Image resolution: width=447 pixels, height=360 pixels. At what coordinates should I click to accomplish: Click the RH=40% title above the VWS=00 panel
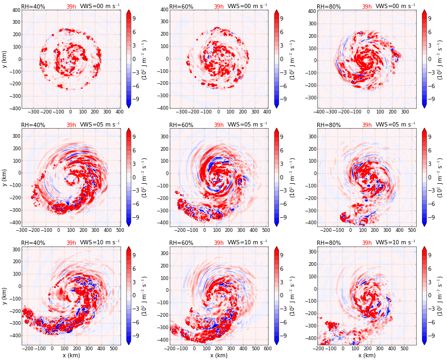point(33,6)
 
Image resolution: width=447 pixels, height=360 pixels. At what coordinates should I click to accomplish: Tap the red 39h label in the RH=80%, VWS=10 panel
point(366,243)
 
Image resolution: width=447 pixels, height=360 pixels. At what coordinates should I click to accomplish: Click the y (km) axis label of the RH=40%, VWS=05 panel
point(5,177)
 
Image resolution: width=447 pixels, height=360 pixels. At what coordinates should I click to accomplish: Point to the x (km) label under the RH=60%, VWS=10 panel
point(218,355)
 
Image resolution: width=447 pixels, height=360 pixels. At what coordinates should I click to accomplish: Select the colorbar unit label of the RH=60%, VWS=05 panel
point(293,177)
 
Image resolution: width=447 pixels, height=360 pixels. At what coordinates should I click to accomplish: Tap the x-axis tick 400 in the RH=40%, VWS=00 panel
point(119,112)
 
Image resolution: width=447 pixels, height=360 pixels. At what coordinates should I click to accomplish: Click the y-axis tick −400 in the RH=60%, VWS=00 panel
point(162,108)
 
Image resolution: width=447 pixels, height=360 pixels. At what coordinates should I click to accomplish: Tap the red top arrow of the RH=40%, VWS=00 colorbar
point(129,12)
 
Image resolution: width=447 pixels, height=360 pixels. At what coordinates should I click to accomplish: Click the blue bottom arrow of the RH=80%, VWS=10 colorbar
point(424,342)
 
